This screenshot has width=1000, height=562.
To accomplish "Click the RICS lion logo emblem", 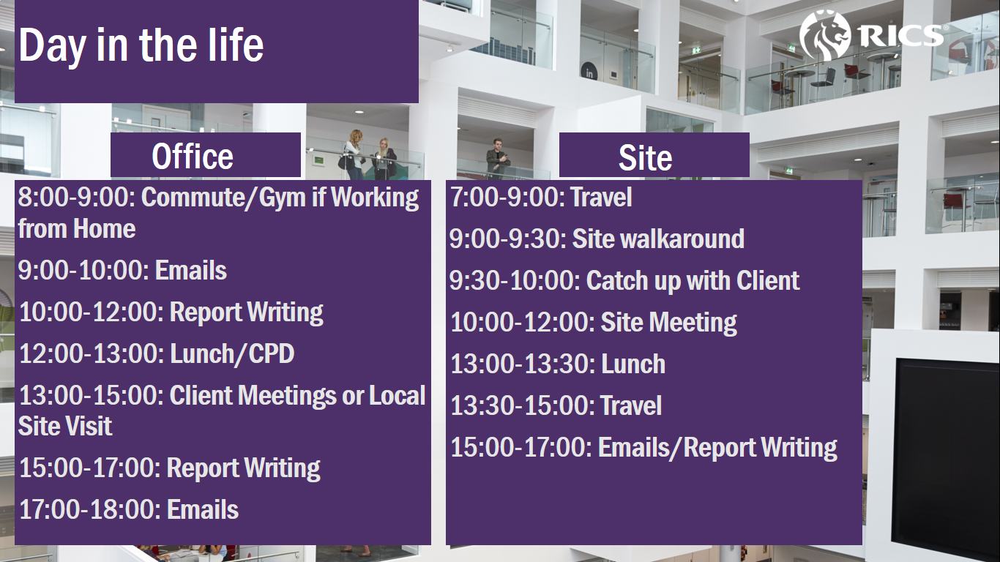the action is [x=825, y=35].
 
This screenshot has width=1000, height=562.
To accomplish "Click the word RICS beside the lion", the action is [x=901, y=36].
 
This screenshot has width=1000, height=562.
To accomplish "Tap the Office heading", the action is [x=193, y=157].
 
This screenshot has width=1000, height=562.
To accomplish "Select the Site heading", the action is [x=645, y=157].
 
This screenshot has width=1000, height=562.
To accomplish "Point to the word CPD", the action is [x=272, y=354].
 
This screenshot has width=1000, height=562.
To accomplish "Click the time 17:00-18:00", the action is [x=90, y=509].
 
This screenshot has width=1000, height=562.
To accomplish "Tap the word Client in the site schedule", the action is [x=768, y=281].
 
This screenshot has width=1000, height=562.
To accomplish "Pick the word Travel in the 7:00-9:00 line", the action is [x=601, y=198].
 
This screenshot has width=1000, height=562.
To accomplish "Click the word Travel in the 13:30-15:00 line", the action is [x=631, y=405].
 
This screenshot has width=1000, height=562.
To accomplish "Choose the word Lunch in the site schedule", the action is [x=633, y=364].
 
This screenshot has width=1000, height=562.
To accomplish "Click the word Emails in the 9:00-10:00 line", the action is [x=190, y=271].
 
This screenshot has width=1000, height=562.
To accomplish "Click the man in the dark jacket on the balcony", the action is [x=498, y=159].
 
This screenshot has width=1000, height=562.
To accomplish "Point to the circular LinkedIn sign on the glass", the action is [x=589, y=72].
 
